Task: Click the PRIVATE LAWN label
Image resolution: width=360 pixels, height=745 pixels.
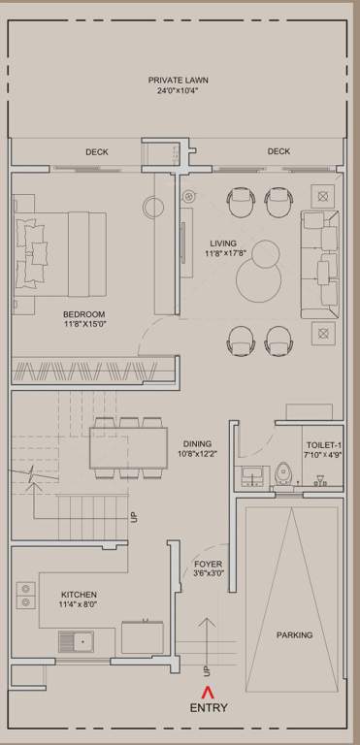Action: click(178, 81)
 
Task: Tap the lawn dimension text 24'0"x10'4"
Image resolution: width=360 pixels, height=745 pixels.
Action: click(178, 91)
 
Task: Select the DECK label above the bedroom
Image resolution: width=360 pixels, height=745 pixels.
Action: click(96, 151)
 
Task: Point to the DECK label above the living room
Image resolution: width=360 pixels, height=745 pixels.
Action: click(278, 151)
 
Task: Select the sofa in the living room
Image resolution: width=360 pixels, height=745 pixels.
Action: click(317, 264)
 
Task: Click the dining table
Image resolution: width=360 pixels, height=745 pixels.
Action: click(128, 447)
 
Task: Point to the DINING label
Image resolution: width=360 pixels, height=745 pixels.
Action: click(197, 444)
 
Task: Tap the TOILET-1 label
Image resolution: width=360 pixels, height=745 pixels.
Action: click(323, 444)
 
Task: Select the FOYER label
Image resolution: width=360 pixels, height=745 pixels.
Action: click(209, 564)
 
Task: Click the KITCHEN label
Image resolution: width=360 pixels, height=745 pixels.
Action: click(79, 595)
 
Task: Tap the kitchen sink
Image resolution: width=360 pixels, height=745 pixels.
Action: click(77, 641)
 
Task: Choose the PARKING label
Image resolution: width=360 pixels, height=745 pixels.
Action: click(294, 635)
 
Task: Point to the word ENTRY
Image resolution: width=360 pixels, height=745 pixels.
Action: click(209, 709)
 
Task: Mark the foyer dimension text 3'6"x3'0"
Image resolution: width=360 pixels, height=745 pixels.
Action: click(209, 573)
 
